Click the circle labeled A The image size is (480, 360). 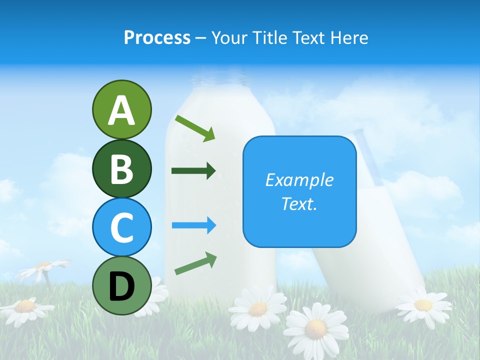[121, 109]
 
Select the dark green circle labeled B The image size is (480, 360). [121, 168]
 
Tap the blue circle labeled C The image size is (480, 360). [121, 227]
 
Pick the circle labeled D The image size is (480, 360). [121, 285]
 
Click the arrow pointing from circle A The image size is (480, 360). [195, 128]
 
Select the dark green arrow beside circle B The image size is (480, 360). [193, 171]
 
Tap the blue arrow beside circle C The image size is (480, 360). [194, 225]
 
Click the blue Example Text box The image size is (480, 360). [299, 191]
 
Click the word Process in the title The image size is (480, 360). [157, 38]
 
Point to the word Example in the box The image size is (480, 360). [299, 180]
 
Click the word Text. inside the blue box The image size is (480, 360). [299, 203]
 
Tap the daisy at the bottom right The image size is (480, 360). [423, 304]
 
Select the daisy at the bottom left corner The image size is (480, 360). [25, 307]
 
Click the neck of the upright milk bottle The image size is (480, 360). [220, 80]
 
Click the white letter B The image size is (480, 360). [121, 168]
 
